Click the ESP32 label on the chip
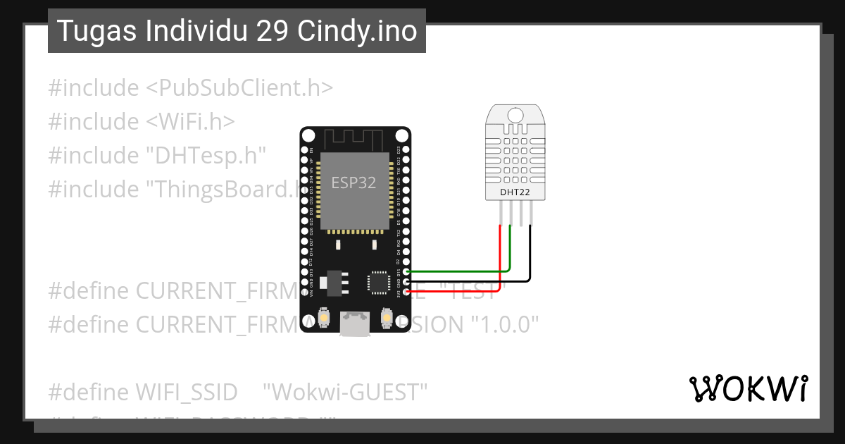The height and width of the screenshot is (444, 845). tap(354, 183)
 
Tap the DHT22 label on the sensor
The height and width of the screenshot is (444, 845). tap(515, 192)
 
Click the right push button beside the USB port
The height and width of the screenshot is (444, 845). tap(386, 319)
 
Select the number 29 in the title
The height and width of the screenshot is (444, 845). tap(271, 31)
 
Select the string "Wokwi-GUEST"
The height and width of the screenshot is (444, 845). tap(345, 392)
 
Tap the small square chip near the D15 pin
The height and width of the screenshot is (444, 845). tap(378, 283)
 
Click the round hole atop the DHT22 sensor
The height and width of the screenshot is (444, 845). tap(515, 114)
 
